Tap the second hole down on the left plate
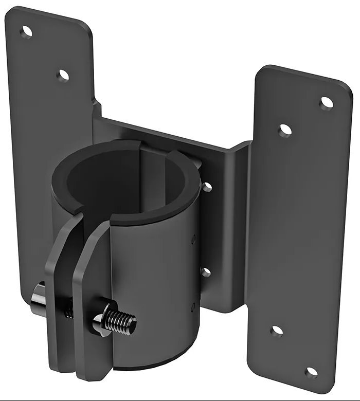(x=64, y=75)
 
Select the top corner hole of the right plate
(x=326, y=103)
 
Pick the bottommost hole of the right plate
(x=311, y=372)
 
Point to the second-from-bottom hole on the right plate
(x=277, y=332)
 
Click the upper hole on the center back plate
(x=207, y=187)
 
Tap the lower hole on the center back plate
(x=206, y=272)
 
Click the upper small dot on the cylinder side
(x=194, y=238)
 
